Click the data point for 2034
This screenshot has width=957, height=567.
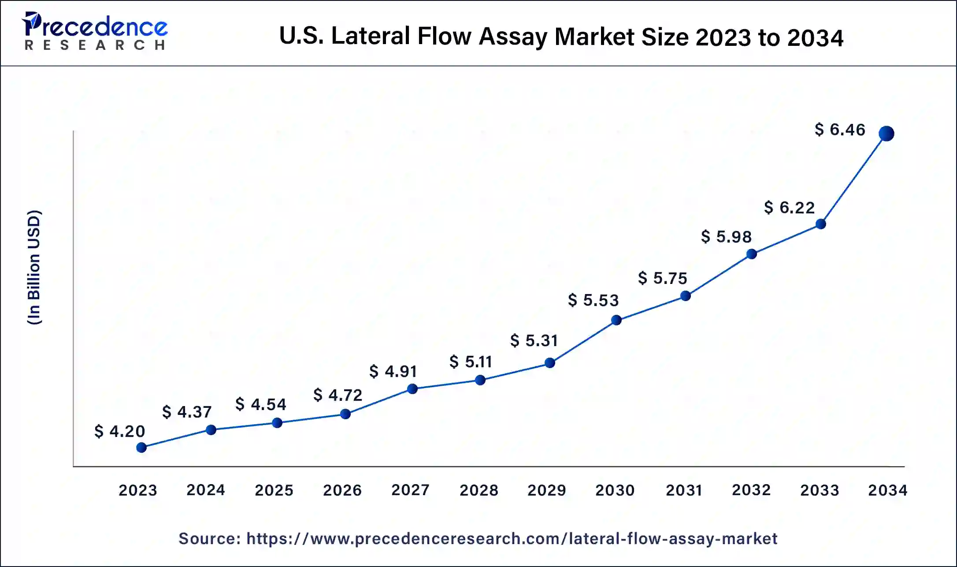coord(886,134)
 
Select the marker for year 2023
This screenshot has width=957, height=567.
coord(141,448)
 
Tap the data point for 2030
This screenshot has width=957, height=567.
coord(616,320)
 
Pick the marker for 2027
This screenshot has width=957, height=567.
coord(412,389)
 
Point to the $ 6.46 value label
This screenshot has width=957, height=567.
coord(840,130)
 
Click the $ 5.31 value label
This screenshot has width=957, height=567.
coord(534,340)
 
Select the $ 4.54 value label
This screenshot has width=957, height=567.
coord(261,404)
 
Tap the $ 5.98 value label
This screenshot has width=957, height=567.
coord(726,237)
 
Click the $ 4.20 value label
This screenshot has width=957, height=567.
coord(120,431)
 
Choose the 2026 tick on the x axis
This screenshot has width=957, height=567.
coord(342,490)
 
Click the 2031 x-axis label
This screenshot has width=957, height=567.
coord(684,490)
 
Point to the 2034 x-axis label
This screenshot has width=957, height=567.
coord(887,490)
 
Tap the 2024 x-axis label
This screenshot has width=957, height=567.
coord(206,490)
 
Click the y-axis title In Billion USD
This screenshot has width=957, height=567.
coord(34,268)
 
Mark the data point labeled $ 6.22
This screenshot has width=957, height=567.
coord(821,224)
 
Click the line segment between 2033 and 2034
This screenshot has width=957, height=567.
coord(853,179)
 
